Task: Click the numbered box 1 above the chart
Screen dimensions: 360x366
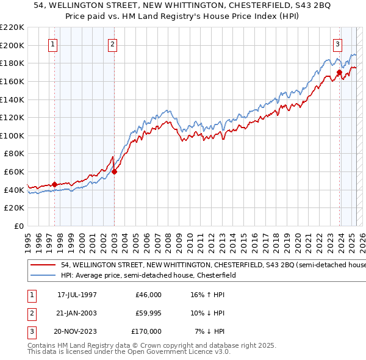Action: click(x=53, y=44)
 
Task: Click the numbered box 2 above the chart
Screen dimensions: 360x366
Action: click(x=113, y=44)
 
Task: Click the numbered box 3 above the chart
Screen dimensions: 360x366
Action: click(x=337, y=44)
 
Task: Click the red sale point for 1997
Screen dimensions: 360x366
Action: click(x=54, y=184)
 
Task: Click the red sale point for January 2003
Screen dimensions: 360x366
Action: click(x=114, y=171)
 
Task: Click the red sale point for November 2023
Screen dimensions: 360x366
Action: click(x=339, y=72)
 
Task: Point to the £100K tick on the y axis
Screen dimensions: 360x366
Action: click(x=13, y=135)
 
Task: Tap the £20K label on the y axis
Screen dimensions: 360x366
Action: click(x=15, y=207)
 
